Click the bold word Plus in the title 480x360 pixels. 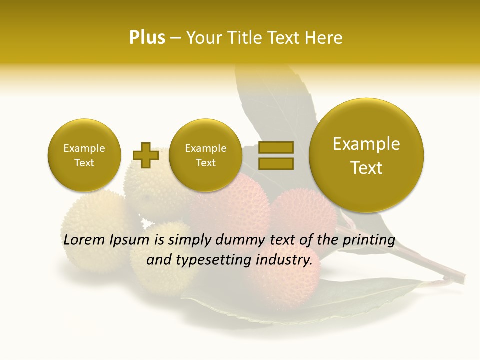(147, 38)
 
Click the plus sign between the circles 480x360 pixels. (146, 155)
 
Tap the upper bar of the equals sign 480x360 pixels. (275, 147)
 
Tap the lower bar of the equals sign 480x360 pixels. (275, 163)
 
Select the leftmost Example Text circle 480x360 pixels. (84, 155)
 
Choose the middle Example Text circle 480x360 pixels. (205, 155)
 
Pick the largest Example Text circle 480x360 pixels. (366, 155)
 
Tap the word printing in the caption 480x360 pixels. (368, 240)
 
